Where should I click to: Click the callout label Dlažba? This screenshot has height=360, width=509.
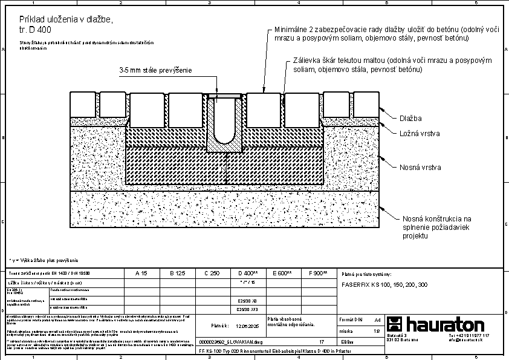pos(411,118)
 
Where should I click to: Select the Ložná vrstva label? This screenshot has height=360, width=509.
pos(419,133)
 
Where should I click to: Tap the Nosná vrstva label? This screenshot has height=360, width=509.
pos(420,166)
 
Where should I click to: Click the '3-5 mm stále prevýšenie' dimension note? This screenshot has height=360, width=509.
pos(155,70)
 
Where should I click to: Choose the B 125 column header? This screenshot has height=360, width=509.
pos(177,273)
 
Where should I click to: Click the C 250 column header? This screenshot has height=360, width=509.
pos(212,273)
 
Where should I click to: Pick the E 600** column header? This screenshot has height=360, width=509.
pos(282,273)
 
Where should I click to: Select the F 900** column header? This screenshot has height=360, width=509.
pos(317,273)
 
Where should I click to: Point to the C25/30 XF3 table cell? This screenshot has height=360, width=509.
pos(248,309)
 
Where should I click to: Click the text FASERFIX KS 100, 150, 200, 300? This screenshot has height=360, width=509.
pos(384,284)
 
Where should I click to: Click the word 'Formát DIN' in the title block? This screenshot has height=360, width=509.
pos(351,319)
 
